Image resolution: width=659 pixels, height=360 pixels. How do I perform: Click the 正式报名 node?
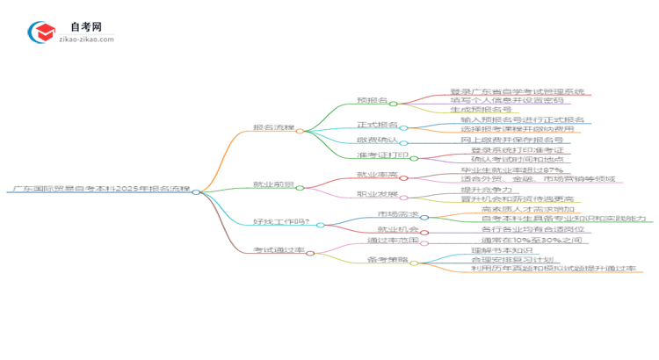[376, 126]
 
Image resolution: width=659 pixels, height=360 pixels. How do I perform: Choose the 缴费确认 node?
[376, 140]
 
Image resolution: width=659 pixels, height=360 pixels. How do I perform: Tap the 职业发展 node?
[376, 193]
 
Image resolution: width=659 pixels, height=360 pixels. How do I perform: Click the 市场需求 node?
[395, 215]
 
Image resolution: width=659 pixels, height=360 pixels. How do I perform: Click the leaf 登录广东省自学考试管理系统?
[517, 91]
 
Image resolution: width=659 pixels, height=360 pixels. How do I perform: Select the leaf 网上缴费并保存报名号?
[511, 140]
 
